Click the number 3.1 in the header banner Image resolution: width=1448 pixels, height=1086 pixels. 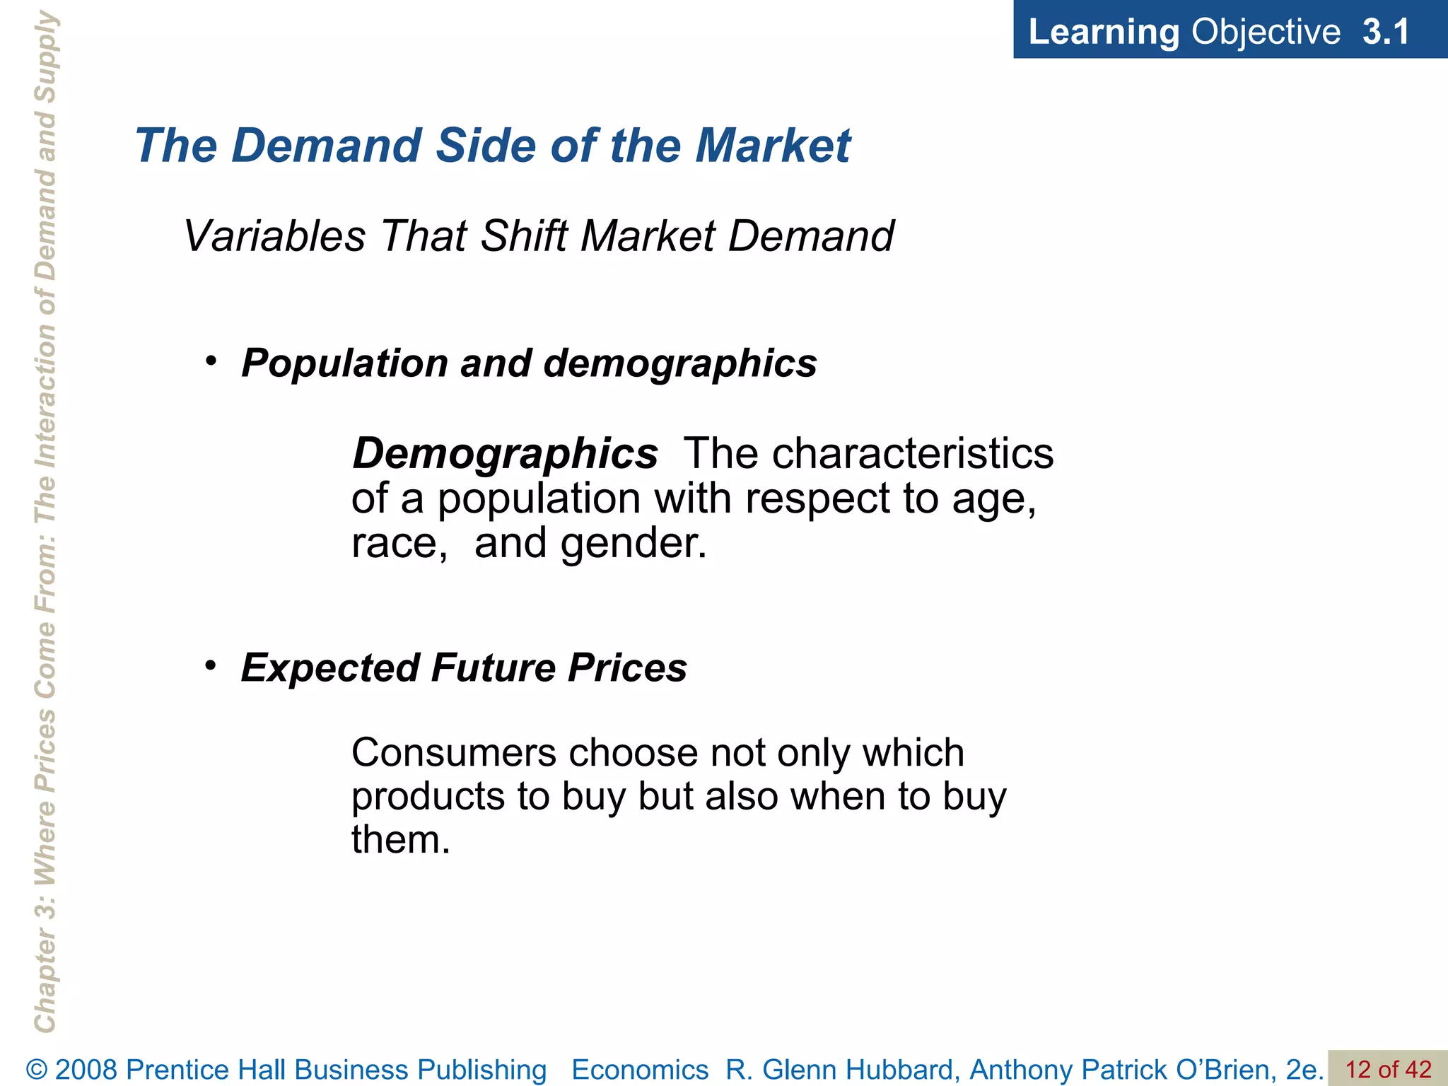1386,32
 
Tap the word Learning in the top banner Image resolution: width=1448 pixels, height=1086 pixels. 1104,33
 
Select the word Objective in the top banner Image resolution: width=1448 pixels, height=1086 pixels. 1266,33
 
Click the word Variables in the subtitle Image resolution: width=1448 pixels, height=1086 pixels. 274,235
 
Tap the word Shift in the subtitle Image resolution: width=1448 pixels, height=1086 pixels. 524,235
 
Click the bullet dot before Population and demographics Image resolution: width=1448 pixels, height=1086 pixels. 210,361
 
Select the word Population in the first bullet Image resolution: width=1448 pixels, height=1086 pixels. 344,363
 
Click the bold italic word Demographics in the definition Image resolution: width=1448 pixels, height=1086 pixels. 505,453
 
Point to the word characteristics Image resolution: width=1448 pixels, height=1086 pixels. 912,453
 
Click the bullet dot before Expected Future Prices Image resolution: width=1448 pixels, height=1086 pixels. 210,665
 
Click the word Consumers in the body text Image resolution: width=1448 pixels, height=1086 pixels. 454,752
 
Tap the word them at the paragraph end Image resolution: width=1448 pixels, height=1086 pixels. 400,840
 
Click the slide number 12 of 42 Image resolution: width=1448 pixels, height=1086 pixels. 1388,1069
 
